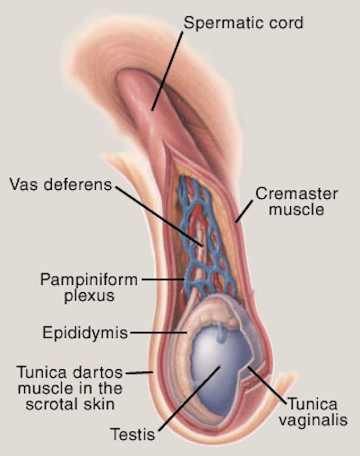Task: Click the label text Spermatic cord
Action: [243, 22]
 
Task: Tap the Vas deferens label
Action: [61, 184]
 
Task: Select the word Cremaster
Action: [297, 194]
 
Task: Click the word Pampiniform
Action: [89, 279]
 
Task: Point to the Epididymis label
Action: [85, 333]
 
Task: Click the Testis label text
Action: [132, 434]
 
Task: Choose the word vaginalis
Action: [313, 420]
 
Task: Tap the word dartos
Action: [98, 372]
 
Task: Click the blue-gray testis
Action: [218, 369]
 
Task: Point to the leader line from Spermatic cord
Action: [167, 71]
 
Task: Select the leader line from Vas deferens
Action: [159, 216]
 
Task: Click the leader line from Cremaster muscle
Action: [243, 211]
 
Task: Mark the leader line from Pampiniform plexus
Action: [163, 280]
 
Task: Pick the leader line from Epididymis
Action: [158, 332]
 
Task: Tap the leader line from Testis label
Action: [189, 399]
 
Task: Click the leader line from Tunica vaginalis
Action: [267, 385]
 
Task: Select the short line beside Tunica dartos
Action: [139, 372]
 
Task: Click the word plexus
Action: [89, 296]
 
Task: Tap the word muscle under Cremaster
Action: [296, 210]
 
